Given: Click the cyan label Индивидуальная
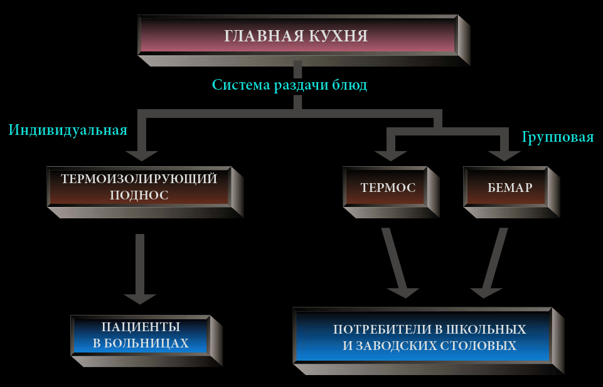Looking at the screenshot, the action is click(68, 130).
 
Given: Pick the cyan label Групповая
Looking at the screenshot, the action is click(558, 137).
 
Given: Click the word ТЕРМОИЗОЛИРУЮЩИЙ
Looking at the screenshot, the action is click(139, 179).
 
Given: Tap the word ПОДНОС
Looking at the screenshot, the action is click(139, 195).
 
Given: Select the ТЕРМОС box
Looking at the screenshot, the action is click(391, 192).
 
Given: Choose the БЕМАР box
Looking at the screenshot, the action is click(511, 192).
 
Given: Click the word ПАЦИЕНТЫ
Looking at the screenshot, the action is click(141, 327).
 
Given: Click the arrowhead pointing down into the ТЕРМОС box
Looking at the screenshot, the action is click(391, 156).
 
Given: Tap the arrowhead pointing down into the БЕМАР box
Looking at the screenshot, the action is click(504, 156).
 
